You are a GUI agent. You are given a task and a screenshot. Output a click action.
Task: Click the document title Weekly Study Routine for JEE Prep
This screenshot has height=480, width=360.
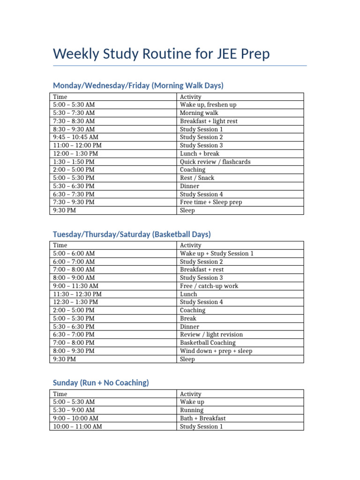click(x=161, y=54)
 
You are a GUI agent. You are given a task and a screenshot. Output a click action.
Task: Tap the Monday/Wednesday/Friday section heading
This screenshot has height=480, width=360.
click(x=138, y=85)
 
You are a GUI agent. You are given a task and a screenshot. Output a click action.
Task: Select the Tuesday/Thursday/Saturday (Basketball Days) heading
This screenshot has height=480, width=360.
click(x=132, y=234)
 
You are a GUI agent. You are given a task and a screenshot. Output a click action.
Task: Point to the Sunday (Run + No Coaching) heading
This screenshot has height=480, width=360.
click(x=101, y=382)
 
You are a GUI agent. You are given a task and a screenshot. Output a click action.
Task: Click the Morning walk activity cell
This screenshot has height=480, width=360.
click(x=199, y=113)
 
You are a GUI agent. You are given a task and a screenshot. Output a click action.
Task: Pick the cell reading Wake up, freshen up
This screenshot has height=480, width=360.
click(x=208, y=105)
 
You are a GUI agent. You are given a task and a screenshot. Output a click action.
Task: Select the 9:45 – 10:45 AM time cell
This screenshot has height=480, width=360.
click(x=76, y=137)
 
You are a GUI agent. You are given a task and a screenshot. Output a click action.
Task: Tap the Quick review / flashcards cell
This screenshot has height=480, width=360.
click(x=215, y=162)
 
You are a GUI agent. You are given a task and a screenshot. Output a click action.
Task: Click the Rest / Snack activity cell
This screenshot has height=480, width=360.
click(x=197, y=178)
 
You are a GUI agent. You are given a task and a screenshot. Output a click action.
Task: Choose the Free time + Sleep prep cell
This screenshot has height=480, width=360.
click(x=211, y=202)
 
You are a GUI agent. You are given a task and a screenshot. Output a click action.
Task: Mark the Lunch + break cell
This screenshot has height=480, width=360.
click(x=200, y=153)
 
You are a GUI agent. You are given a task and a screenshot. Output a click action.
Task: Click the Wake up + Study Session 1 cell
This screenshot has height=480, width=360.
click(x=217, y=253)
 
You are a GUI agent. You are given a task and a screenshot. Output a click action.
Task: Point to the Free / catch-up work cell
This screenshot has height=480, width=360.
click(x=209, y=286)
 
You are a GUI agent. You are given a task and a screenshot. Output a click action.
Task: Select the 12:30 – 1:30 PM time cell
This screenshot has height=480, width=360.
click(x=75, y=302)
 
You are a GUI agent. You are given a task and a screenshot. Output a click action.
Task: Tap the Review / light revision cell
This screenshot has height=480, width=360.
click(x=211, y=335)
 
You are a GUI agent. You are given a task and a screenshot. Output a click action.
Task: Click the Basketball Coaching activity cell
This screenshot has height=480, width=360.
click(x=208, y=343)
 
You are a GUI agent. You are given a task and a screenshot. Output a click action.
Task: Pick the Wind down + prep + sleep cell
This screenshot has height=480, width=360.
click(x=216, y=351)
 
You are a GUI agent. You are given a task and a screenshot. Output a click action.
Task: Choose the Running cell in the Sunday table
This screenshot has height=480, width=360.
click(x=192, y=410)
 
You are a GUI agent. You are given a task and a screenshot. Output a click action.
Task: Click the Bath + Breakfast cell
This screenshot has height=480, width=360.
click(x=202, y=418)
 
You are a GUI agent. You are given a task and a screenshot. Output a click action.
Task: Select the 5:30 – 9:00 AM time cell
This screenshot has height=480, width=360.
click(x=74, y=410)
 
